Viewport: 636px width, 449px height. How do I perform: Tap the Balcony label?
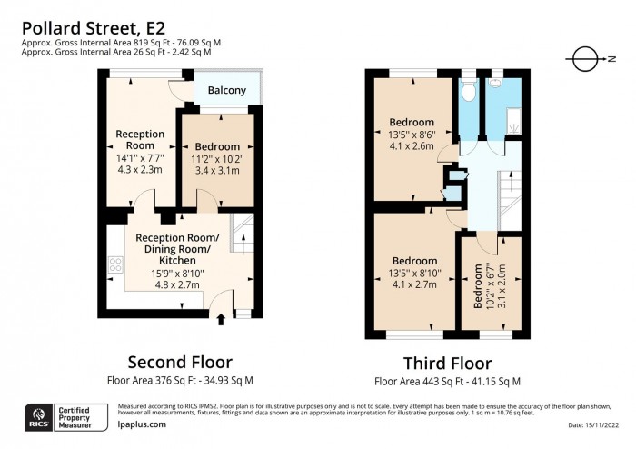click(x=226, y=90)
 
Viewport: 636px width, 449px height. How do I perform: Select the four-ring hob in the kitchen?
click(x=116, y=265)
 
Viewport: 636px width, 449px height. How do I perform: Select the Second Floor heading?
click(x=179, y=362)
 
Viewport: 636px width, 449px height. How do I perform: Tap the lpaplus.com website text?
click(x=143, y=424)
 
